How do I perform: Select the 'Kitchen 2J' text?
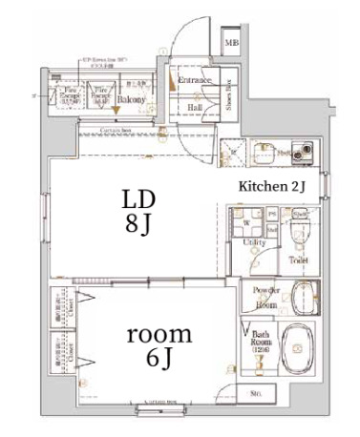point(271,186)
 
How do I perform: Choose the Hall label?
point(194,108)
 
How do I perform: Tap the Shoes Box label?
point(230,93)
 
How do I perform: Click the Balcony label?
point(131,99)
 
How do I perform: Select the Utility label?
point(253,244)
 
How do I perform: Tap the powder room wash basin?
point(303,295)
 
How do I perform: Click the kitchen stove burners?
point(305,151)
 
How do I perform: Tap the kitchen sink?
point(262,151)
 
